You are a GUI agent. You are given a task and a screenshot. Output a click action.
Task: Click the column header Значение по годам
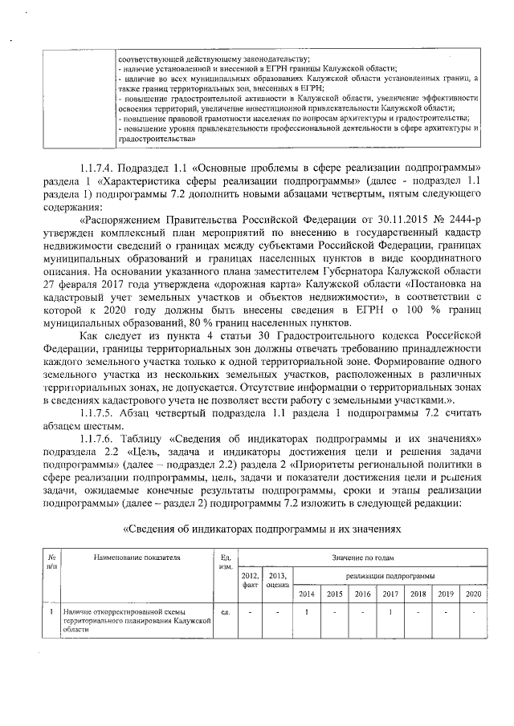[362, 556]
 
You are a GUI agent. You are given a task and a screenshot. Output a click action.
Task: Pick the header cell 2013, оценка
[277, 580]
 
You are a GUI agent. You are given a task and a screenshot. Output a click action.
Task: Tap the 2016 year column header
[362, 594]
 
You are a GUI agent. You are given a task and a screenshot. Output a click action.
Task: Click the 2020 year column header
[473, 594]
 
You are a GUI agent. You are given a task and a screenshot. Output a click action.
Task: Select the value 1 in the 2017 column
[390, 614]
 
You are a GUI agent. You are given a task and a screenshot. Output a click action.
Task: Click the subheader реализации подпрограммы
[390, 575]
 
